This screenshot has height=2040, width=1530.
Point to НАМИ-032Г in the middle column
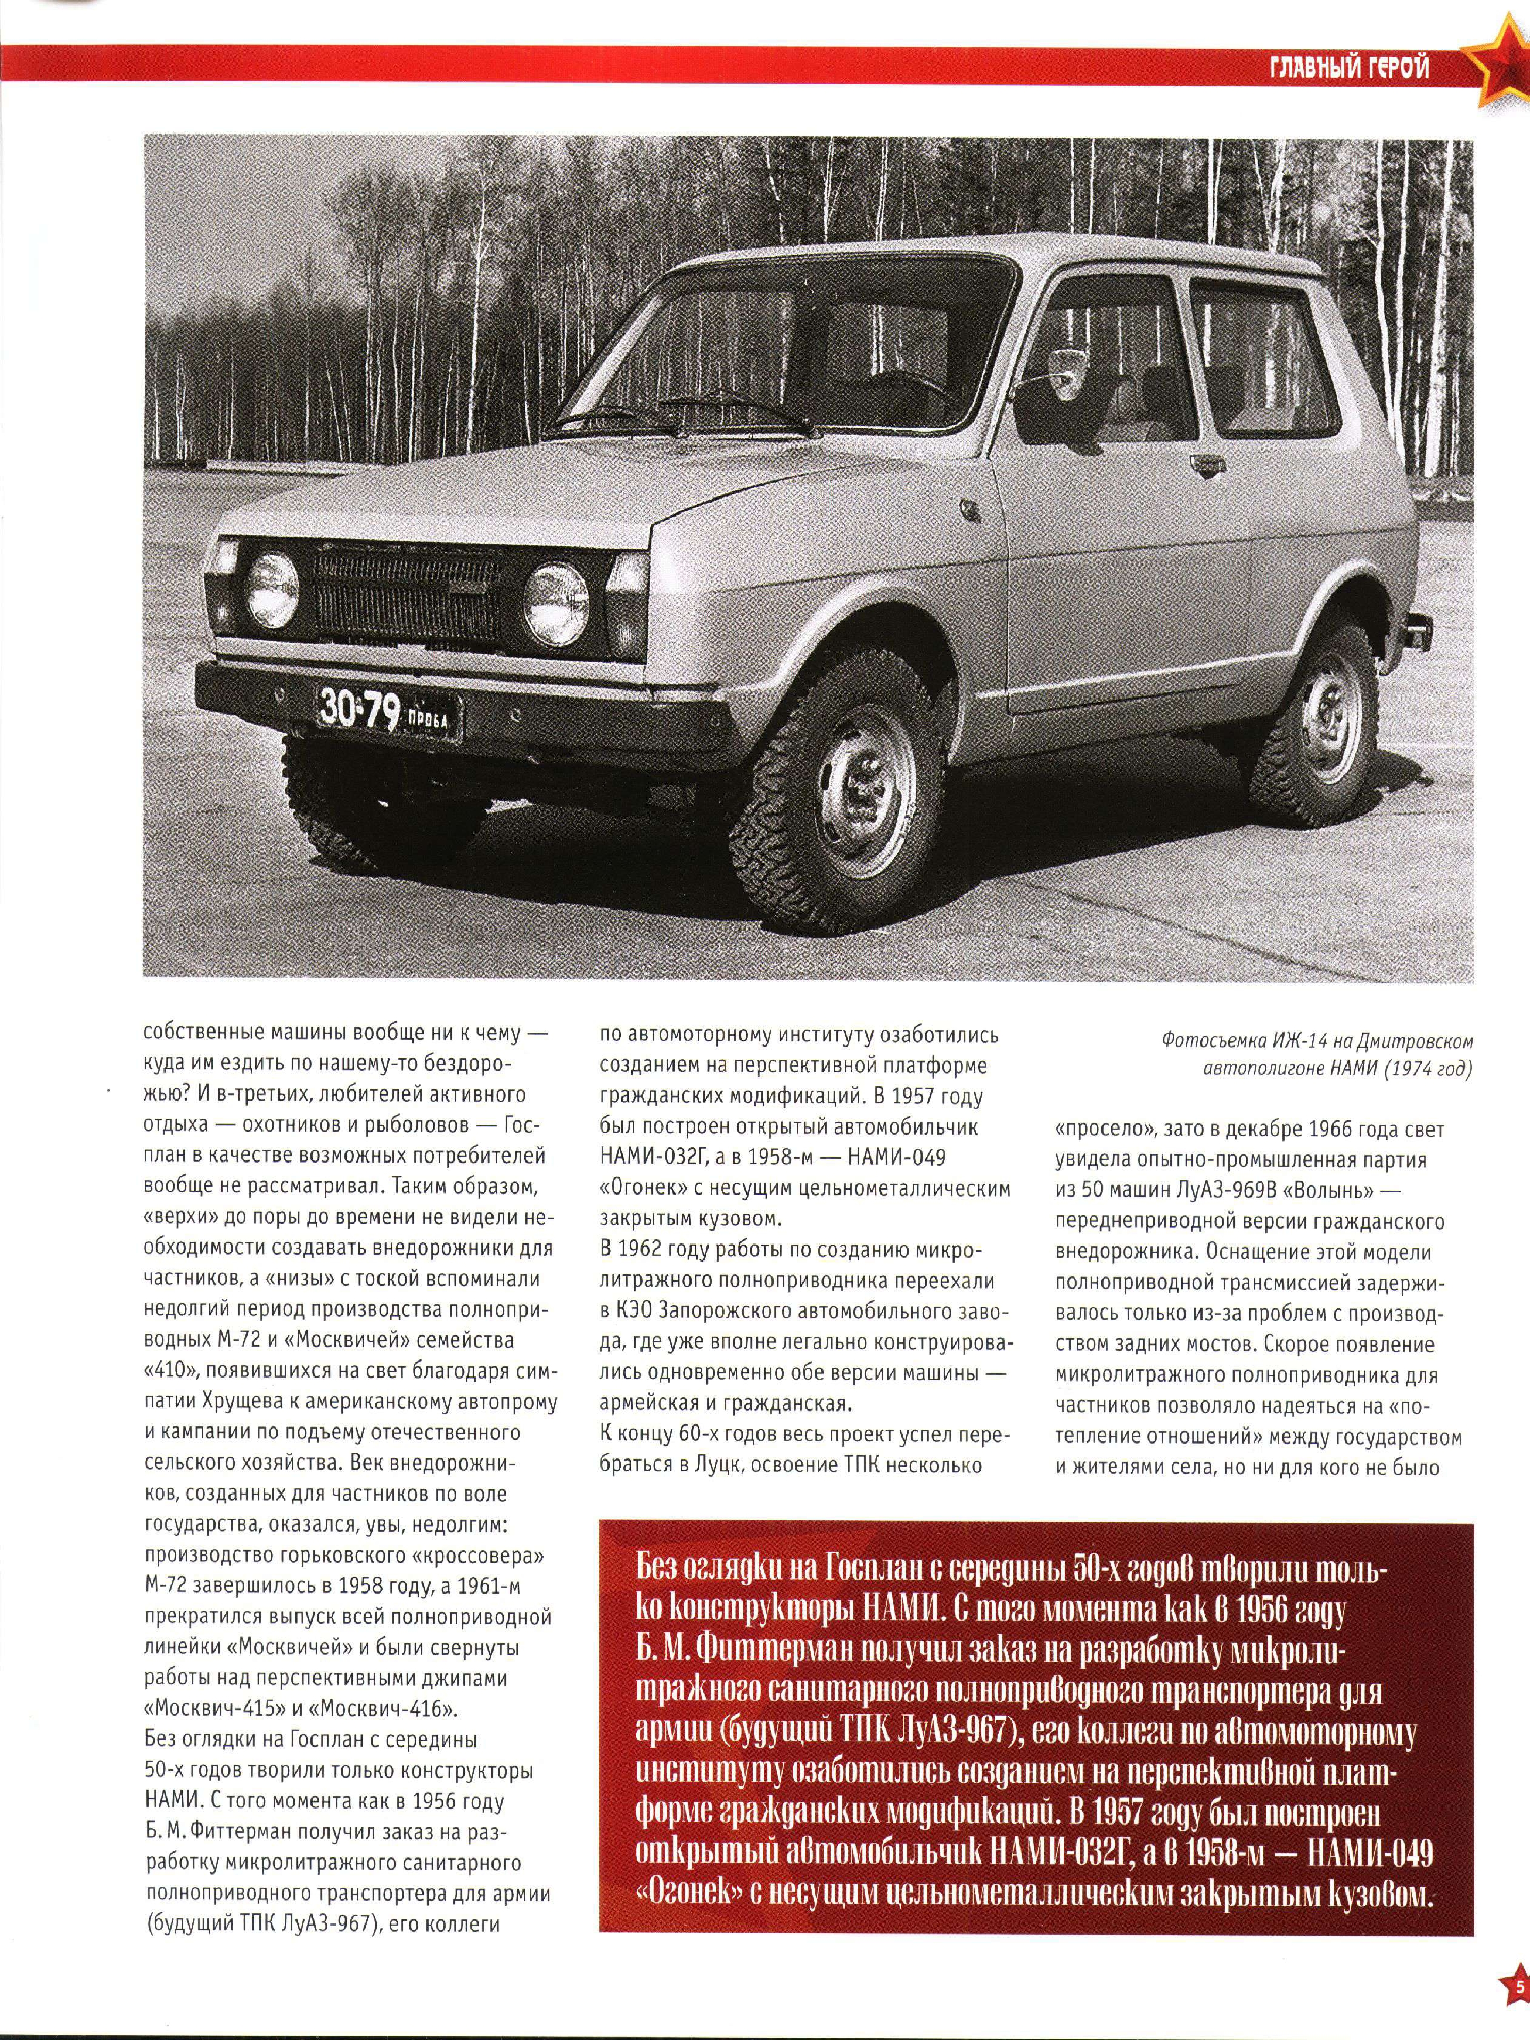click(664, 1157)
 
